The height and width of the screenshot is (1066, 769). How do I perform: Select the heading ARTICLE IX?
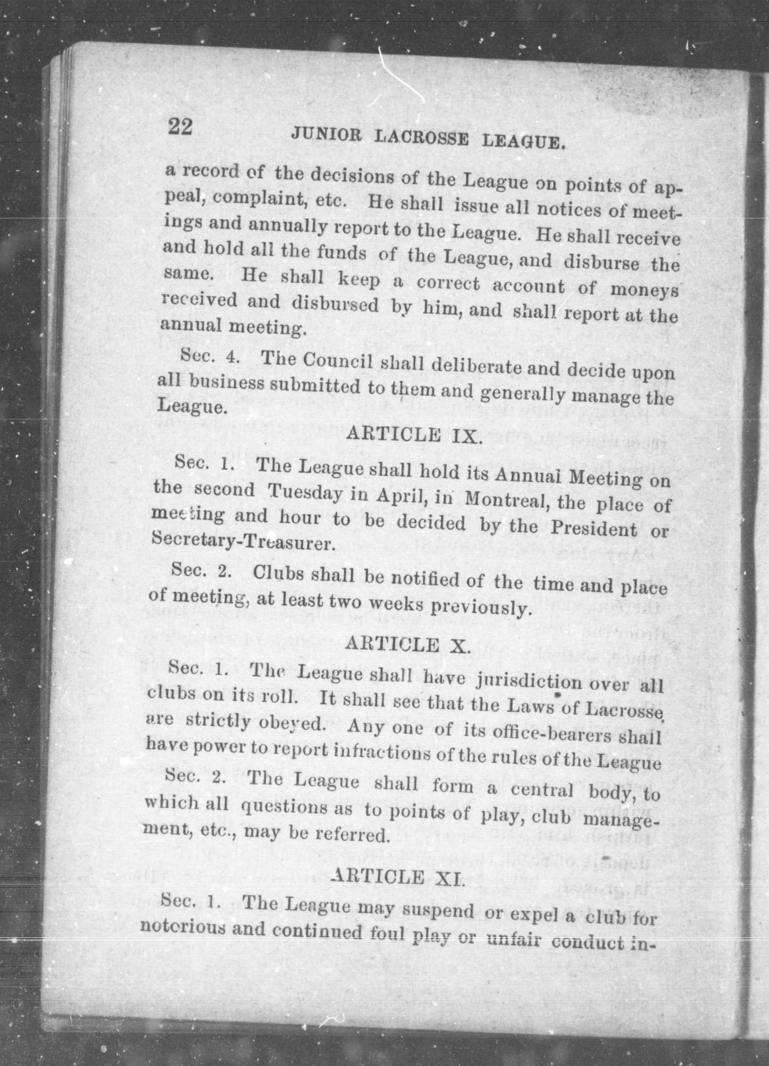click(x=414, y=433)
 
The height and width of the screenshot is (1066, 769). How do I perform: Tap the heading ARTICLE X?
click(x=407, y=645)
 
